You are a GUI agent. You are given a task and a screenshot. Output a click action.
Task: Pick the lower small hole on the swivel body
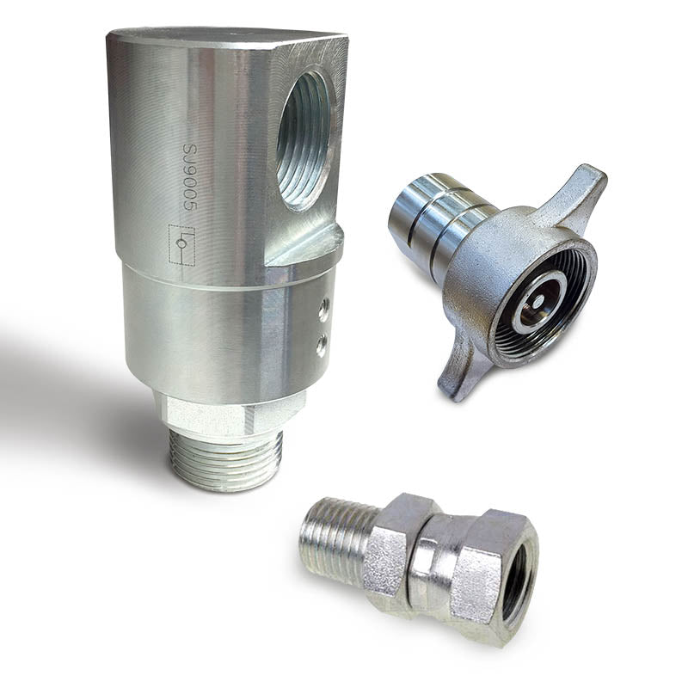(321, 345)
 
